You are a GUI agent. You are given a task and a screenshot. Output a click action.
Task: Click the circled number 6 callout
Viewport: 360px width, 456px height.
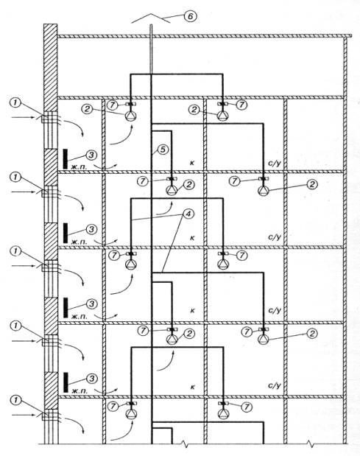(190, 16)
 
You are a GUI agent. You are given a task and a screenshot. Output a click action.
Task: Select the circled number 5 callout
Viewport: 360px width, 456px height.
(163, 150)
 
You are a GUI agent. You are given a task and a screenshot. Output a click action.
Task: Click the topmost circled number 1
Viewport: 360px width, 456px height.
(15, 102)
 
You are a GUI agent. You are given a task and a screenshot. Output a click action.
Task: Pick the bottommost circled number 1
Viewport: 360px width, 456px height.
(15, 401)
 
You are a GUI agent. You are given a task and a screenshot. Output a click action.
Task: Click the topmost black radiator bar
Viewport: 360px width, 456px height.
(66, 158)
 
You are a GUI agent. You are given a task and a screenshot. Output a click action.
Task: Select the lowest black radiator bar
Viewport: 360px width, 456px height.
(66, 382)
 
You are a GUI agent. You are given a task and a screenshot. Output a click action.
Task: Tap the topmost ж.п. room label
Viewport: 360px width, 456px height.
(79, 166)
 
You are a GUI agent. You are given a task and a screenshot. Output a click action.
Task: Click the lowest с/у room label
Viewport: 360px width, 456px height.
(275, 386)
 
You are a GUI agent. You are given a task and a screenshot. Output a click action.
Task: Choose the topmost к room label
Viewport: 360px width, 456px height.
(192, 163)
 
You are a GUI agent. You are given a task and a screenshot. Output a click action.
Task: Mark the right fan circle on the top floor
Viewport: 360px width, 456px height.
(222, 116)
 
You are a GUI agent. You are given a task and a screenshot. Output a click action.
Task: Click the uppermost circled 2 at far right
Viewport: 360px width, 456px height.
(312, 184)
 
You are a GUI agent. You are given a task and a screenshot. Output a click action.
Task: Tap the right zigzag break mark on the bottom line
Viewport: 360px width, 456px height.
(311, 443)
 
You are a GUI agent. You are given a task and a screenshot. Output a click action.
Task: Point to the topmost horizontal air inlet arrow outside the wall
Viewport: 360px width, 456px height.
(23, 117)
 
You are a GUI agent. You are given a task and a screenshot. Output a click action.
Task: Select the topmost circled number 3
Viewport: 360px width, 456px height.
(91, 155)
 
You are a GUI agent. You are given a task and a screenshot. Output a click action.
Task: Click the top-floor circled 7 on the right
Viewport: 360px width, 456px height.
(241, 105)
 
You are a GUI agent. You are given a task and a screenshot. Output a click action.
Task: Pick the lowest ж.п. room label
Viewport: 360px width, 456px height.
(79, 391)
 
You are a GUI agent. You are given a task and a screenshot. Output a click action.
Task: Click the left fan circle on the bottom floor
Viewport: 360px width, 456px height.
(131, 414)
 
